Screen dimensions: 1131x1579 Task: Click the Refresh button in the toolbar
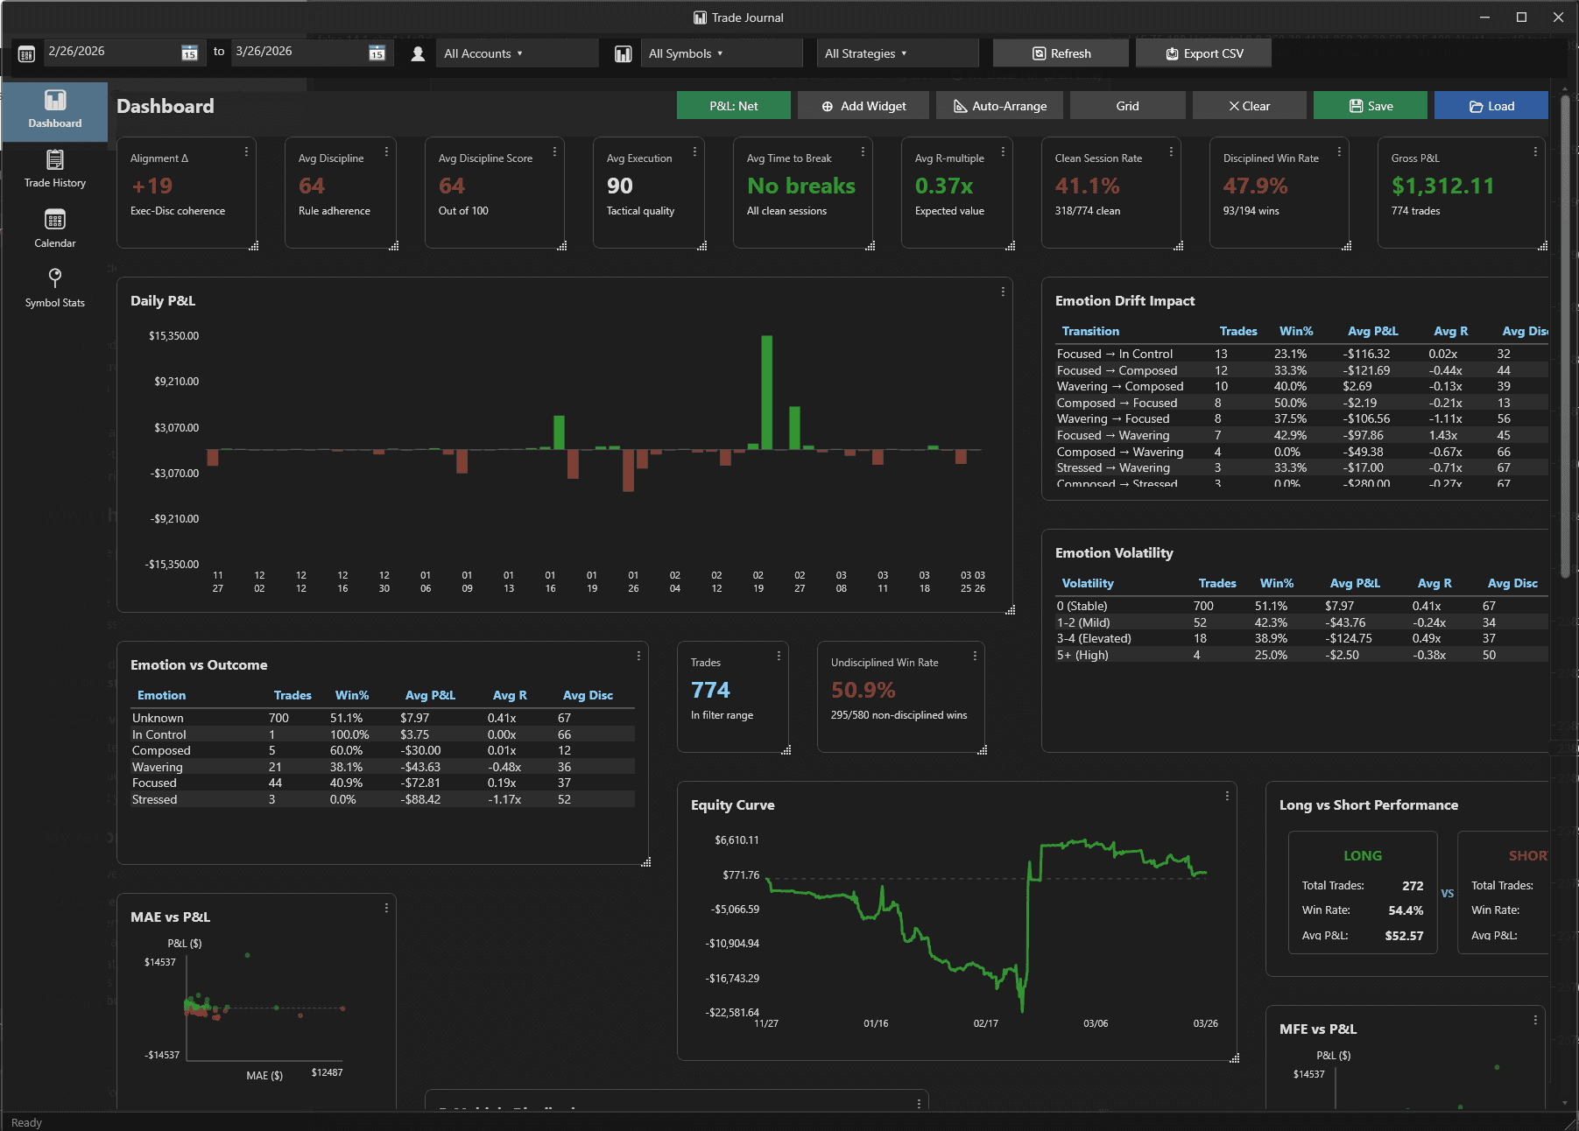click(1061, 53)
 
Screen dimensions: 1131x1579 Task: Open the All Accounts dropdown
click(483, 53)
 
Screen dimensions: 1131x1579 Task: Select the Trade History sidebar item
click(54, 169)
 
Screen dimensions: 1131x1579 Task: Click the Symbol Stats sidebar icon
click(54, 277)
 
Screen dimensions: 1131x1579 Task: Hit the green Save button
click(1370, 106)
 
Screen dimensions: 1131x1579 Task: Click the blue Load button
click(1491, 106)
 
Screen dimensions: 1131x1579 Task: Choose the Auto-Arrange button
click(999, 106)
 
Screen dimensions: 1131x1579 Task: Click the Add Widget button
click(864, 106)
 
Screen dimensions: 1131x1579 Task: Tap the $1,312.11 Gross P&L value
click(1442, 186)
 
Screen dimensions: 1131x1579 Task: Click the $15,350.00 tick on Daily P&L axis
click(173, 336)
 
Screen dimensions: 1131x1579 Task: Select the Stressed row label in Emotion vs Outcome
click(154, 799)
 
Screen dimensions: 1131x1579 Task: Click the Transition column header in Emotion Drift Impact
click(1090, 331)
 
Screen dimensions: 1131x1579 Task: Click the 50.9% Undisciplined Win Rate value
click(863, 690)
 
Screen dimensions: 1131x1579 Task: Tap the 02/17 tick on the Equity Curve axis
click(985, 1023)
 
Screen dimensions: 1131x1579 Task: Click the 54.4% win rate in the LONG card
click(1405, 910)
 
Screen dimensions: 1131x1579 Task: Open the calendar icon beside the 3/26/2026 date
click(377, 53)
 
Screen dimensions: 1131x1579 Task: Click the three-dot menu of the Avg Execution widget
click(694, 151)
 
